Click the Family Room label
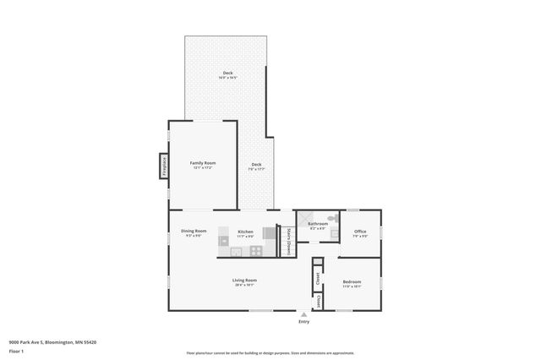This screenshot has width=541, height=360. [203, 162]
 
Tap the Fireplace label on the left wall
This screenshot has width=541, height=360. [164, 166]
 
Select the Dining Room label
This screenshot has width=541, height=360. [194, 231]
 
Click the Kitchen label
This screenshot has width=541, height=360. [245, 232]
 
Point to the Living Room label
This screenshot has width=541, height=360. [245, 280]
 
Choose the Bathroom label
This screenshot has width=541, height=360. [317, 223]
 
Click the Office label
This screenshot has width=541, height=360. [360, 232]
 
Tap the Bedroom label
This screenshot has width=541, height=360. [352, 281]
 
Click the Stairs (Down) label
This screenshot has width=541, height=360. [288, 241]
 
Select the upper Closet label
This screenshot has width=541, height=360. [317, 277]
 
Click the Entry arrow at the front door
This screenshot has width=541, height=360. [303, 314]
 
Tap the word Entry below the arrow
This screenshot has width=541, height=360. [303, 322]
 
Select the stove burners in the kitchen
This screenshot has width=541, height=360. [255, 250]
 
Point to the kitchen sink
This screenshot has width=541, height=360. [224, 241]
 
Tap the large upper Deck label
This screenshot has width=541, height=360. [227, 74]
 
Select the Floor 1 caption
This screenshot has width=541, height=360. [16, 351]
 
